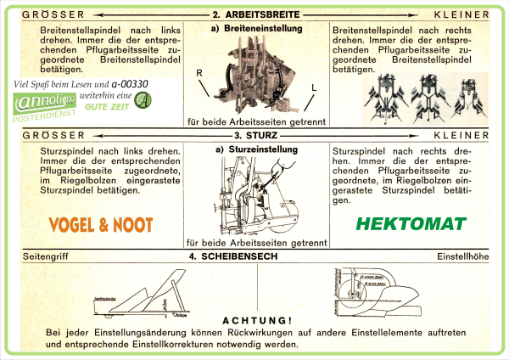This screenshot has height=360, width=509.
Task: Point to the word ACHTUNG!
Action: pos(254,320)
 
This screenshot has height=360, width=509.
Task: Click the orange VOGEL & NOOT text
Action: pos(101,224)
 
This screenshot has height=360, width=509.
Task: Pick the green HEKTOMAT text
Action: pos(411,225)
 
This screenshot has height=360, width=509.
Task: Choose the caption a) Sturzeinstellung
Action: pos(254,149)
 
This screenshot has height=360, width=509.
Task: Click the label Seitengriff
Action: pos(44,256)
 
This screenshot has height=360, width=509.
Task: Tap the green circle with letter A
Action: pos(144,102)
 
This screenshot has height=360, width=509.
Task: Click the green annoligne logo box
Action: pos(42,104)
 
